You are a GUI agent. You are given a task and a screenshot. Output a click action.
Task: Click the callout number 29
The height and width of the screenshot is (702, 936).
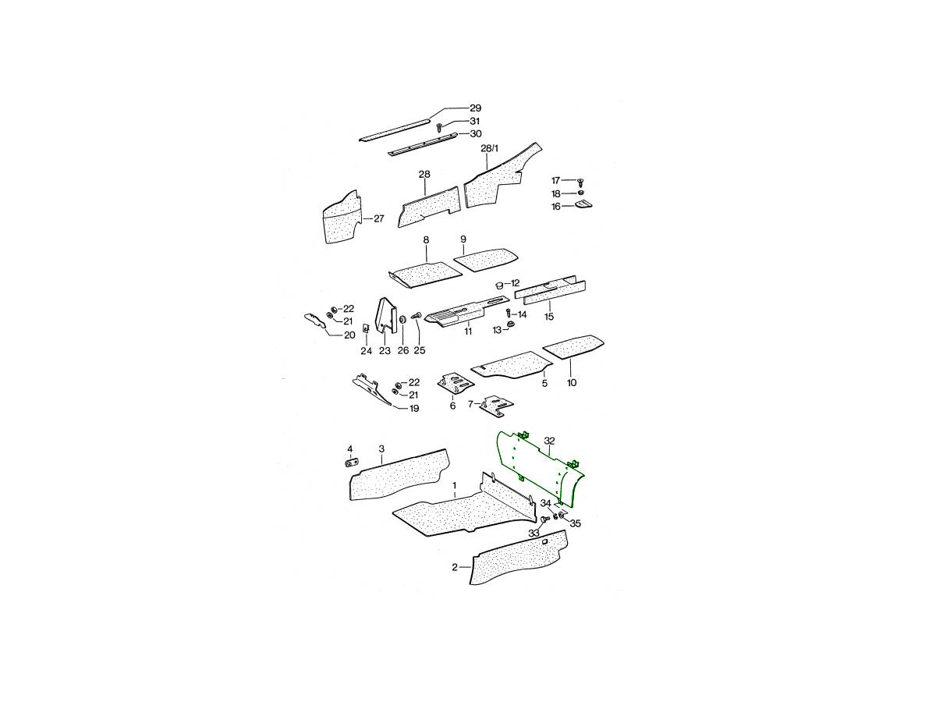pyautogui.click(x=475, y=108)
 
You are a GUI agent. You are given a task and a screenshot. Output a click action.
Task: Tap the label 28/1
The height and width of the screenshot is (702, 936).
pyautogui.click(x=489, y=148)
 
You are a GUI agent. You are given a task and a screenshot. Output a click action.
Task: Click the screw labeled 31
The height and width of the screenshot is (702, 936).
pyautogui.click(x=439, y=126)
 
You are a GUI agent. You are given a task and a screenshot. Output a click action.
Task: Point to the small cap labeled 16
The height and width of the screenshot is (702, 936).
pyautogui.click(x=583, y=204)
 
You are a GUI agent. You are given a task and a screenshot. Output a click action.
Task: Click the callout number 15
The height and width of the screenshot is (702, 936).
pyautogui.click(x=549, y=317)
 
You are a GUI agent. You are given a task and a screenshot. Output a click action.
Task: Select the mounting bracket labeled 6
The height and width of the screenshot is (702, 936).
pyautogui.click(x=455, y=384)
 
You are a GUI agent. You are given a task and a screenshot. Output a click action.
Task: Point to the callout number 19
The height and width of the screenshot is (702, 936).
pyautogui.click(x=413, y=409)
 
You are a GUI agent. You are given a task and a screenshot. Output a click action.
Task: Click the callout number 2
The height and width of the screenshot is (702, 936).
pyautogui.click(x=455, y=567)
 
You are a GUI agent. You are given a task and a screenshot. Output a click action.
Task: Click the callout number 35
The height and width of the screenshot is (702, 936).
pyautogui.click(x=575, y=523)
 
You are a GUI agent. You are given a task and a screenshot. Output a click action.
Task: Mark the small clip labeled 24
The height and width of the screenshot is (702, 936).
pyautogui.click(x=67, y=328)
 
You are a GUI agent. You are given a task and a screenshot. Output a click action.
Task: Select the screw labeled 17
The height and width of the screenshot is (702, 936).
pyautogui.click(x=580, y=182)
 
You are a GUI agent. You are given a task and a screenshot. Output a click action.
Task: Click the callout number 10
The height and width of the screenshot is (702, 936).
pyautogui.click(x=572, y=383)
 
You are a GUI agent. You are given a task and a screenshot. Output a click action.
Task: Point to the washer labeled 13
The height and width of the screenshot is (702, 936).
pyautogui.click(x=509, y=325)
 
